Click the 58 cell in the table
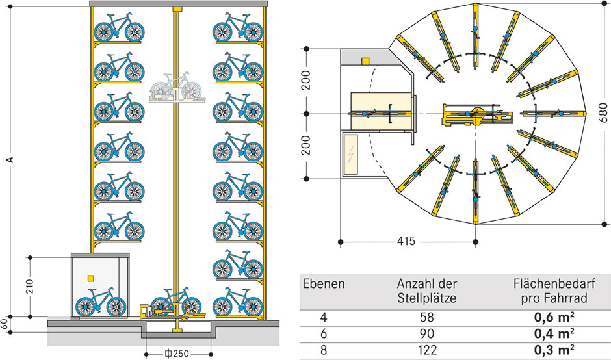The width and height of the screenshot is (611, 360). tap(426, 317)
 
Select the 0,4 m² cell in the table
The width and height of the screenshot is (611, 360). tap(554, 333)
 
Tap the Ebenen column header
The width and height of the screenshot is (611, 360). tap(324, 283)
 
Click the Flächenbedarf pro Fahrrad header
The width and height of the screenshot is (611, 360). tap(554, 290)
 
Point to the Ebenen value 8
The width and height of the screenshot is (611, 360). tap(324, 350)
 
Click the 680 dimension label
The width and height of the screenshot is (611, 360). tap(603, 113)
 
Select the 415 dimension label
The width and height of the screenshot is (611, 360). tap(406, 242)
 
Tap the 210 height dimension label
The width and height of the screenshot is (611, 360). tap(31, 287)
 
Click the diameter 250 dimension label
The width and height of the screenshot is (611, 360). tap(177, 354)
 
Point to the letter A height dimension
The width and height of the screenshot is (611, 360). tap(10, 160)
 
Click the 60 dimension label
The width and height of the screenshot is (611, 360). tap(3, 324)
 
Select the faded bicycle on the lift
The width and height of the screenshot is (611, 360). tap(177, 86)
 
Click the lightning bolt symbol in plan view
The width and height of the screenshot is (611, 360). tap(352, 155)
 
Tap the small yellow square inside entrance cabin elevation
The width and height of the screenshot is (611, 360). tap(91, 278)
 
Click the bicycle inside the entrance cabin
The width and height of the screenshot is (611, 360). tap(101, 302)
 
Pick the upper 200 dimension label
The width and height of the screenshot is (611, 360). tap(307, 81)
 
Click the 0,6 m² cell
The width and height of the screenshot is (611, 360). tap(554, 317)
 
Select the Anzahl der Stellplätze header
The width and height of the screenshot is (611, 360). tap(426, 290)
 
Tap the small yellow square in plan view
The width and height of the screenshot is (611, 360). tap(365, 61)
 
